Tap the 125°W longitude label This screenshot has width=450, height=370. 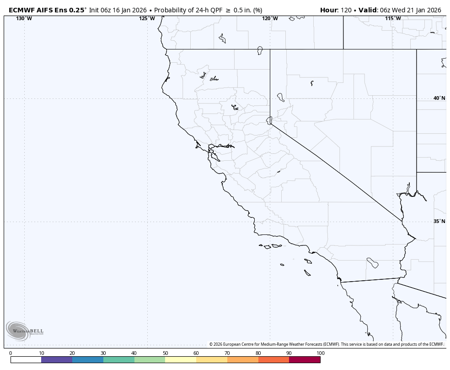147,18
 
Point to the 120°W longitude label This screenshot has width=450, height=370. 270,18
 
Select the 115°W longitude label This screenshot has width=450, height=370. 393,18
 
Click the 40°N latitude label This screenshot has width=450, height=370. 439,98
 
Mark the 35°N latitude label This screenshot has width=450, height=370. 439,221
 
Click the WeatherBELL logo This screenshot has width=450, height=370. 24,331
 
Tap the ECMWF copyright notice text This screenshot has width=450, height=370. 326,344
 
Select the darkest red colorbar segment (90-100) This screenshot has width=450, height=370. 305,360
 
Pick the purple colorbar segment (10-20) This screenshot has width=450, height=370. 57,360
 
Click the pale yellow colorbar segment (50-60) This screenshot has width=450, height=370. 181,360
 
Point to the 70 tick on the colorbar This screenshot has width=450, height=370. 227,353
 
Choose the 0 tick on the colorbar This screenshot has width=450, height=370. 11,353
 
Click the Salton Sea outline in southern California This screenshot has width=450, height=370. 373,263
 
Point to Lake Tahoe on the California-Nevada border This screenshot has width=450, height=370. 269,120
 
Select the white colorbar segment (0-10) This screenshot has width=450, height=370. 26,360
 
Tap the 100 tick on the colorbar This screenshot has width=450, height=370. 320,353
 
